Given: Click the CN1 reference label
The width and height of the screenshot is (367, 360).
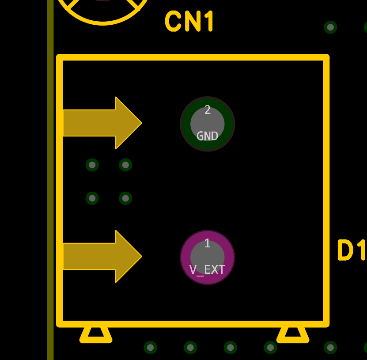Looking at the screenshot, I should coord(189,22).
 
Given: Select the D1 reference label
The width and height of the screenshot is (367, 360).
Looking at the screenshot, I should coord(352,250).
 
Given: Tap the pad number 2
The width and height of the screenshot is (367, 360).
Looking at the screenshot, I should coord(208,110).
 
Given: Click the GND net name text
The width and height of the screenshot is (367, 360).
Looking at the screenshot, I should coord(208,136).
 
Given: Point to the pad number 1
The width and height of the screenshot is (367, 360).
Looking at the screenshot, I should coord(207,243).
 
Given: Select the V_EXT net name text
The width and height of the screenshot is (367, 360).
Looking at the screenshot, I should coord(207,269).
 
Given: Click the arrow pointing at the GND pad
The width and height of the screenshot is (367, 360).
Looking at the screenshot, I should coord(102,123).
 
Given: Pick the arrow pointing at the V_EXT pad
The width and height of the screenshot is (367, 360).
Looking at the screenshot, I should coord(102,256).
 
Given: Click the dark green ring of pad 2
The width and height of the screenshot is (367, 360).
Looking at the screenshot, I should coord(185,124).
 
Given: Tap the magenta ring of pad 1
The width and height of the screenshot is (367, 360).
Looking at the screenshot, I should coord(185,258).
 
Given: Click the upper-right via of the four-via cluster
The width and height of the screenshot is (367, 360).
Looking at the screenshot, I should coord(125,165).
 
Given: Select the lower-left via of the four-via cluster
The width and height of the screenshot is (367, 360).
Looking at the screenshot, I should coord(92,198).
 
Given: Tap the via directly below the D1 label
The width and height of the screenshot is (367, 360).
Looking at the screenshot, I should coord(330,347).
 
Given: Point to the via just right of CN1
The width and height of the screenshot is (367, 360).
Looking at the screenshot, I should coord(330,27).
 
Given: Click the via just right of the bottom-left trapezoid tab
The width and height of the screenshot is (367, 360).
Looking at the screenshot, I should coord(150,347).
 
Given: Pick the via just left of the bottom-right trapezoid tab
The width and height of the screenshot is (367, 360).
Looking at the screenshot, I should coord(270,347).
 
